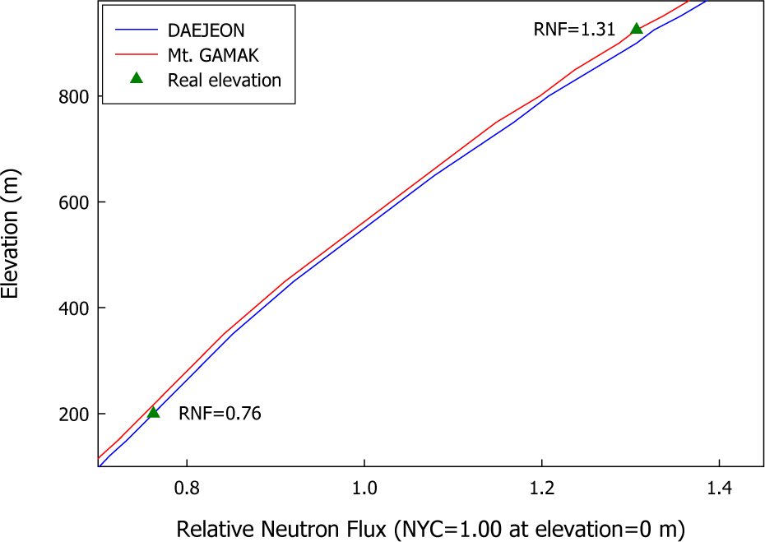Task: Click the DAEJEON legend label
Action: (x=206, y=30)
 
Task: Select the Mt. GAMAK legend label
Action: (x=212, y=55)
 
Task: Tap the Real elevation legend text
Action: (x=225, y=80)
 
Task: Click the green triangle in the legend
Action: (x=137, y=79)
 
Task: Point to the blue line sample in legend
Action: (x=137, y=30)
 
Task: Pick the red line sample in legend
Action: (x=137, y=55)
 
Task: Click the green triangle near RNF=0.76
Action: (x=153, y=412)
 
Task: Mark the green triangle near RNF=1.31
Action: (x=636, y=29)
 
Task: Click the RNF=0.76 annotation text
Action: (x=220, y=414)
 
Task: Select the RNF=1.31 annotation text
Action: (x=574, y=30)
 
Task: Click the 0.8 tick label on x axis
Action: (x=188, y=485)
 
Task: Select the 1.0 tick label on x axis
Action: (x=364, y=485)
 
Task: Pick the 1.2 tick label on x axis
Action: (x=542, y=485)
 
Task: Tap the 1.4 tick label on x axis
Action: (x=719, y=485)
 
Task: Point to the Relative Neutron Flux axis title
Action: (x=430, y=527)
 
